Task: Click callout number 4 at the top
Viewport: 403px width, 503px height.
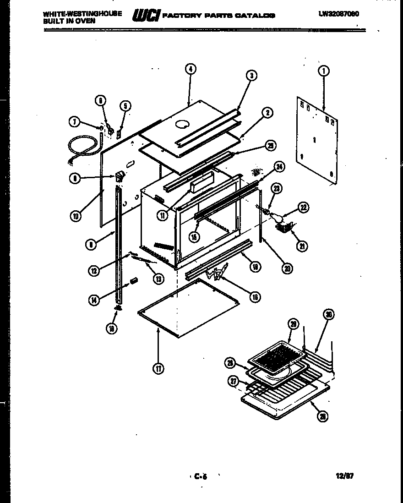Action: coord(191,69)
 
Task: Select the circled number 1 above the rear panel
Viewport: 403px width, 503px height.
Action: coord(324,71)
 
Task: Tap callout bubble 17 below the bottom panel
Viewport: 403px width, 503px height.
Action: coord(158,369)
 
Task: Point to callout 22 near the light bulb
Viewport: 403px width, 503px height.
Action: coord(303,208)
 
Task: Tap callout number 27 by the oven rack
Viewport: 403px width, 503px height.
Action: coord(234,381)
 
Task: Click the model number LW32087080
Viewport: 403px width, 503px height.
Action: coord(338,14)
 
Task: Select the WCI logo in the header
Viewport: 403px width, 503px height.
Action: coord(145,16)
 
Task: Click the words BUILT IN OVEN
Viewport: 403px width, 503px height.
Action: coord(69,21)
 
